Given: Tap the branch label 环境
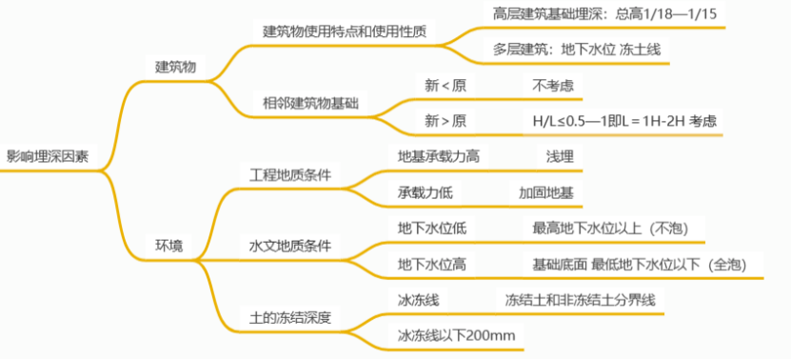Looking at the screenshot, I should tap(169, 246).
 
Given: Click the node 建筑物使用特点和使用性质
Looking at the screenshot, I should tap(344, 30).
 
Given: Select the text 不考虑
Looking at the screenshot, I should tap(552, 85).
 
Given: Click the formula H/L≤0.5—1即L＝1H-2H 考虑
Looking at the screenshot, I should tap(624, 121).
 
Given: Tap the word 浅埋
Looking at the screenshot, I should tap(560, 156).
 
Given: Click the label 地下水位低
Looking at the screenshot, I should tap(431, 228).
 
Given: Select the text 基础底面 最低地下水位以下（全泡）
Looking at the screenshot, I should tap(639, 264).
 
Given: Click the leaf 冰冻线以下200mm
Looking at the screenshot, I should tap(456, 335).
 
